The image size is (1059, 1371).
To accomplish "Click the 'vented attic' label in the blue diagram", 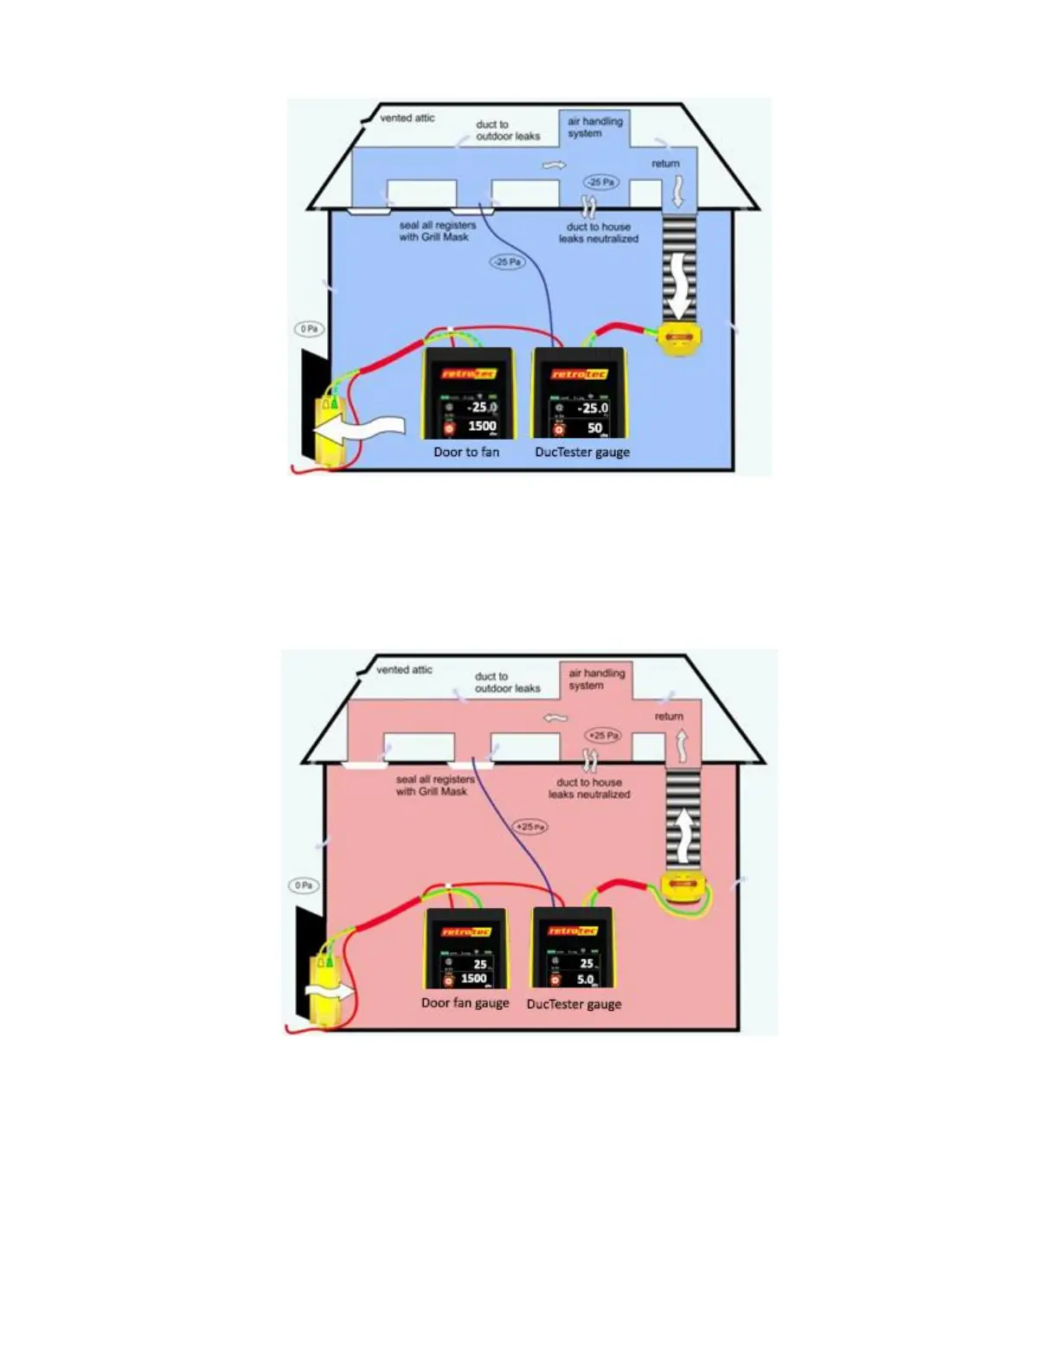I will [x=407, y=118].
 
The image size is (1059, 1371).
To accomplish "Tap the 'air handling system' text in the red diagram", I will [x=596, y=679].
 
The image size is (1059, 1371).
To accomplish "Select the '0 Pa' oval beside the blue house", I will [x=309, y=329].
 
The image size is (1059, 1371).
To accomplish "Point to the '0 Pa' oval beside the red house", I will [x=304, y=885].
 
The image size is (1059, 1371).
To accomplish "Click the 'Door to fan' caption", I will [x=466, y=452].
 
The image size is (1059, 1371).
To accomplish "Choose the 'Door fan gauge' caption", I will [x=465, y=1003].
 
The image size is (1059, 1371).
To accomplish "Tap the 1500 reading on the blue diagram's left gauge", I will [x=482, y=426].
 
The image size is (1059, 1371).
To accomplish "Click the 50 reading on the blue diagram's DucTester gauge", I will [x=594, y=428].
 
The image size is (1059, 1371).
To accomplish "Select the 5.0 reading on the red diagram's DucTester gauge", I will [x=586, y=980].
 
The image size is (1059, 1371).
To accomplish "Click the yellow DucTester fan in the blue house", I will [x=679, y=337].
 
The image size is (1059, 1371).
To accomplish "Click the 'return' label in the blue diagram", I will [x=665, y=164].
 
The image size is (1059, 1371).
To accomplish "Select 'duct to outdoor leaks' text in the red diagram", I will [x=507, y=682].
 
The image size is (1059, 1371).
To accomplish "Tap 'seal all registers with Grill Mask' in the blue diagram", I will [x=437, y=231].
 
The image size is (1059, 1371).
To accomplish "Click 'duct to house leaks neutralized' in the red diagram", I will [x=589, y=788].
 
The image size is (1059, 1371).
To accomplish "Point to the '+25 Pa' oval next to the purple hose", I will [x=530, y=827].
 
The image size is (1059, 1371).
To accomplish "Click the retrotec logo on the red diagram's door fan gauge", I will [x=466, y=931].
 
